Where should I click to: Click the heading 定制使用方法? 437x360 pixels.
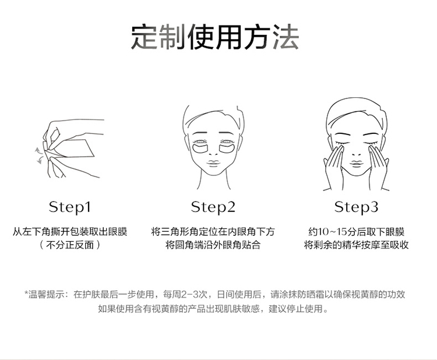[215, 37]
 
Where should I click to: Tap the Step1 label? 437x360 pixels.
[70, 207]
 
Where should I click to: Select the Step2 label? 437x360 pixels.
[213, 207]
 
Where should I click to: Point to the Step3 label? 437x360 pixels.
[356, 207]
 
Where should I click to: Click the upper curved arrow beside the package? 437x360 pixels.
[38, 150]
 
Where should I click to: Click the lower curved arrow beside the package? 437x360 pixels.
[40, 161]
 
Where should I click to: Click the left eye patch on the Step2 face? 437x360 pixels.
[200, 149]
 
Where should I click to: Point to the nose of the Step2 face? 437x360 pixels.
[213, 153]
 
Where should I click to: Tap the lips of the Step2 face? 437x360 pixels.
[213, 163]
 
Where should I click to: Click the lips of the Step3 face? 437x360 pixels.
[356, 163]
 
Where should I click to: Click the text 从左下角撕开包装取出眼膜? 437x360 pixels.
[70, 232]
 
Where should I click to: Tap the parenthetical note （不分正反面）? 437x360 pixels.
[70, 245]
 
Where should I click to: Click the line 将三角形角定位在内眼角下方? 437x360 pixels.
[213, 232]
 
